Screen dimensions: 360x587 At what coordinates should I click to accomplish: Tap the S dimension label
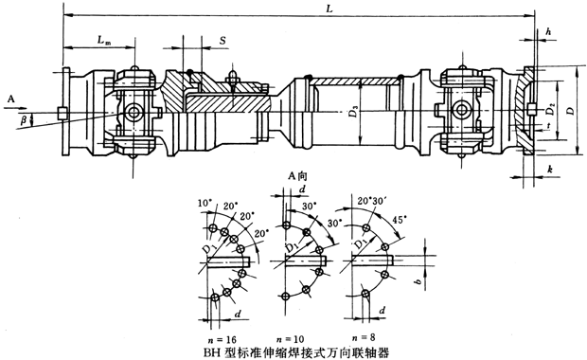tap(222, 42)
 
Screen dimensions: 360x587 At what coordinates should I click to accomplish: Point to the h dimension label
tap(549, 32)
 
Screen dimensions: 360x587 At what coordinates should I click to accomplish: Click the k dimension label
tap(549, 168)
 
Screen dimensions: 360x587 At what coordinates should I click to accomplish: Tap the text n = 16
tap(220, 338)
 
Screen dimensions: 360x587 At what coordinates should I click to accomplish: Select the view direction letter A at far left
tap(9, 99)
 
